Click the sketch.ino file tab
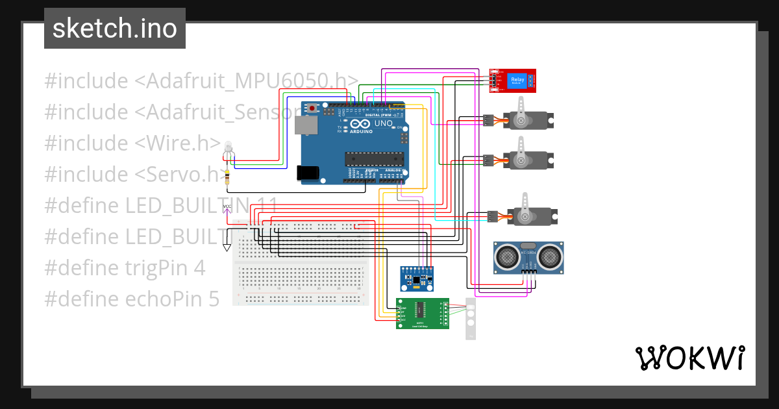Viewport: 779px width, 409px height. (114, 29)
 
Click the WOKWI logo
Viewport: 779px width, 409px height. (689, 358)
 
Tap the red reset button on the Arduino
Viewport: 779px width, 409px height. (312, 108)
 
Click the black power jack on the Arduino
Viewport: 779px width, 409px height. (307, 173)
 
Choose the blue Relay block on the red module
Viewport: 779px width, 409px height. (517, 81)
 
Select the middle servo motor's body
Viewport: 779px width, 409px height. (529, 160)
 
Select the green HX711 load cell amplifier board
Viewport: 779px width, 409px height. (422, 314)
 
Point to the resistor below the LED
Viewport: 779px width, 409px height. (227, 176)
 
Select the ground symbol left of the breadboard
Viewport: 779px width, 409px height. (227, 247)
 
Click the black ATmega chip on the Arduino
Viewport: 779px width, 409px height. (374, 158)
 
